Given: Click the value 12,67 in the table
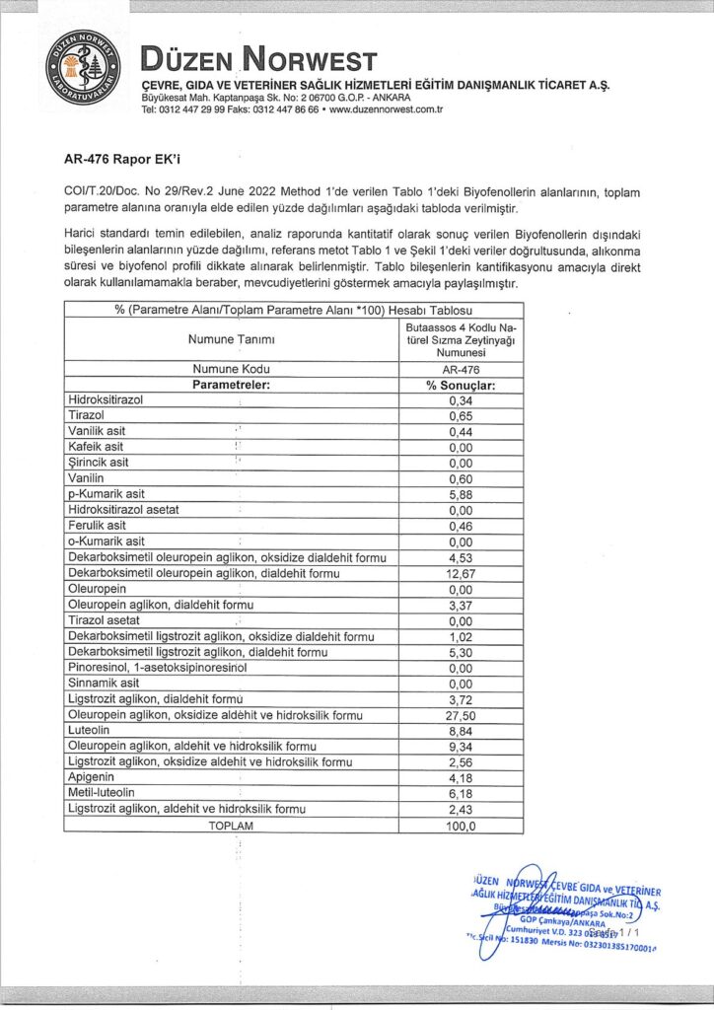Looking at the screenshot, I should point(461,573).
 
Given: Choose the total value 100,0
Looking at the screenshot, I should point(461,826).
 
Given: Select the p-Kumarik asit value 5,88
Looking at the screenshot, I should point(461,494).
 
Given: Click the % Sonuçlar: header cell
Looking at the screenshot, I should point(461,385).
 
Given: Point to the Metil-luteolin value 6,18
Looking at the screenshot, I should point(461,794).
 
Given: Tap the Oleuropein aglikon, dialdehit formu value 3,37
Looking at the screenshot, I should point(461,605).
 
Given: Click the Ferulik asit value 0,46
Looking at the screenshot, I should point(461,526).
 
